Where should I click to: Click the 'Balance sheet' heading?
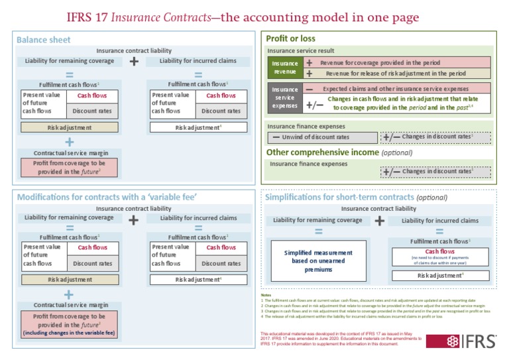click(x=44, y=40)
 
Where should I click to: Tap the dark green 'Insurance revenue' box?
click(x=285, y=68)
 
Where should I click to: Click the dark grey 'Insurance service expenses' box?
click(x=285, y=97)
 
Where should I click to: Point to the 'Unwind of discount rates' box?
click(x=322, y=137)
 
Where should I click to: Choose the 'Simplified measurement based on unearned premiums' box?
click(x=318, y=261)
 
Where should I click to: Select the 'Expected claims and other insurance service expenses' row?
click(x=396, y=88)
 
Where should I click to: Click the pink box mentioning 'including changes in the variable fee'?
click(x=69, y=324)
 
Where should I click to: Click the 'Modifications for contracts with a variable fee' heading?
click(x=107, y=197)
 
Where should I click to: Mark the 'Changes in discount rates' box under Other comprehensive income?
click(x=435, y=172)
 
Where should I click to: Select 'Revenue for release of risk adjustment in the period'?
click(x=396, y=74)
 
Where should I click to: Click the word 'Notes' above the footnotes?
click(x=266, y=295)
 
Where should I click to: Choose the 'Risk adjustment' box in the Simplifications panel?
click(x=439, y=275)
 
